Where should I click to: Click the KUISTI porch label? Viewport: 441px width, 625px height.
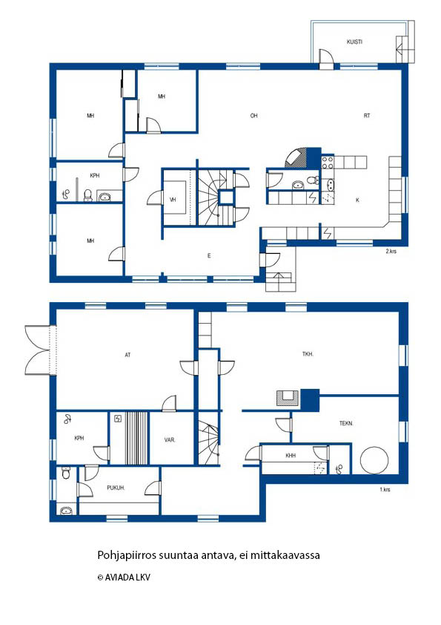pos(354,42)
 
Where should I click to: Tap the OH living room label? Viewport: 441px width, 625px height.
pos(254,116)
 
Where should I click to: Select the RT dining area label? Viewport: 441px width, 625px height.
pos(367,116)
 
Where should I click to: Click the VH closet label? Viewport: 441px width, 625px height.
pos(173,200)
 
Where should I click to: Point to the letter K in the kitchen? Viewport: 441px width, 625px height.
pos(357,200)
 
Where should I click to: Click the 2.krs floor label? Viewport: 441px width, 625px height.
pos(391,251)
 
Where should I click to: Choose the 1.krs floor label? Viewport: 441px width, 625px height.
pos(385,489)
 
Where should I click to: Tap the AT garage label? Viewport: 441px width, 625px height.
pos(127,355)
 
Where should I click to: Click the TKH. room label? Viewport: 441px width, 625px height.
pos(308,353)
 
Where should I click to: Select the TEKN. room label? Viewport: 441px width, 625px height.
pos(346,423)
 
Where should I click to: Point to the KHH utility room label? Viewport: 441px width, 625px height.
pos(291,456)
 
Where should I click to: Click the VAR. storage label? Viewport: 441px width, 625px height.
pos(170,440)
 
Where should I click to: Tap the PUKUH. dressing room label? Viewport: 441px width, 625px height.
pos(116,488)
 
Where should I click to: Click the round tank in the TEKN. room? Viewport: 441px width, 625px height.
pos(374,460)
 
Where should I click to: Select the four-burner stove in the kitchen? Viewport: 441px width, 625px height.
pos(328,163)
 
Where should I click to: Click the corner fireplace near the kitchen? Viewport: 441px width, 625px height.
pos(296,158)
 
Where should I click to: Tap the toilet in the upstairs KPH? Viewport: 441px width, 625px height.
pos(88,194)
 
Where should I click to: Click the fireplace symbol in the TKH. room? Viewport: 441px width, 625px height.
pos(288,398)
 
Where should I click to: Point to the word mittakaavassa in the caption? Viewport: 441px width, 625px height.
pos(285,554)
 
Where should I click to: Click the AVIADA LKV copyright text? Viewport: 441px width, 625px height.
pos(125,577)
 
